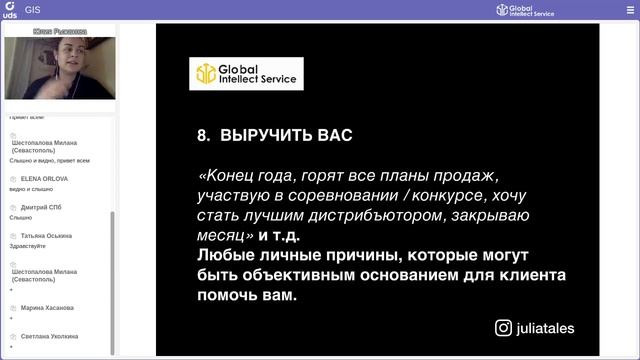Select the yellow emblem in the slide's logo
tap(205, 73)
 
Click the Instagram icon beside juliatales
tap(504, 327)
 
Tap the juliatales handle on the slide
tap(546, 327)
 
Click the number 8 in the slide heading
tap(201, 134)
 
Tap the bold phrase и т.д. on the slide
tap(280, 236)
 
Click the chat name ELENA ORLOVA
tap(44, 179)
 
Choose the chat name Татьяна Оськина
tap(46, 236)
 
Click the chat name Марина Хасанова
tap(49, 308)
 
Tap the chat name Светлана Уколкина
tap(51, 336)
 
